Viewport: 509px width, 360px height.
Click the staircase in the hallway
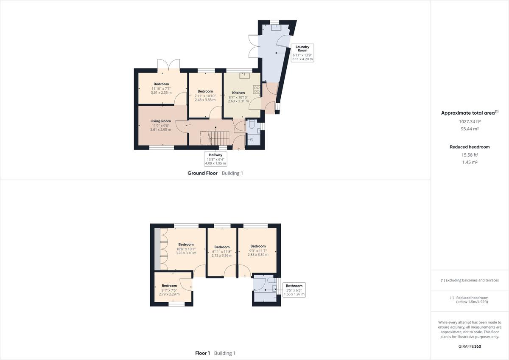220,138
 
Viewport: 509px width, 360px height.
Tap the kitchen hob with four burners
257,90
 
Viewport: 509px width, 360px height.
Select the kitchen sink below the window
244,76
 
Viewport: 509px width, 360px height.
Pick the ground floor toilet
251,125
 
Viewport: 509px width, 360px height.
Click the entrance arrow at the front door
239,148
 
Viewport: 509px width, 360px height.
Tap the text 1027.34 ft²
470,121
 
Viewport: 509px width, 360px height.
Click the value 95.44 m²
470,129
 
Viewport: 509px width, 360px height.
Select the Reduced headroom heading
470,147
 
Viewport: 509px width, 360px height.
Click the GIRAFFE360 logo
470,346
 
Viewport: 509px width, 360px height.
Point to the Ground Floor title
202,173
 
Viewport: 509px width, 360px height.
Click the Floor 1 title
202,353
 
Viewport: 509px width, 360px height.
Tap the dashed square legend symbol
452,298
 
